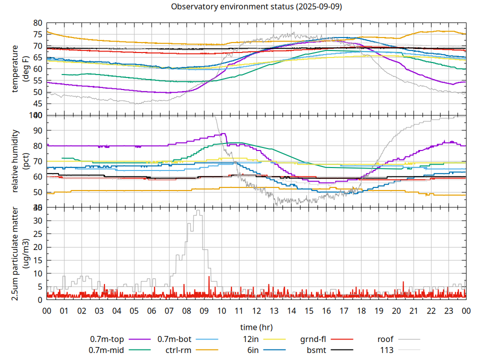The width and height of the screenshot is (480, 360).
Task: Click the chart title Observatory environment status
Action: pyautogui.click(x=256, y=7)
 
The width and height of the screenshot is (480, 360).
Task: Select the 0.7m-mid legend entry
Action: pyautogui.click(x=106, y=350)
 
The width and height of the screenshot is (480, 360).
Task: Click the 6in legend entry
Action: pyautogui.click(x=253, y=350)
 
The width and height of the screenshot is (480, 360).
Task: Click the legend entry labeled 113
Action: pyautogui.click(x=387, y=350)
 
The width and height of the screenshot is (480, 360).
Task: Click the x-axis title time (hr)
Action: pyautogui.click(x=256, y=327)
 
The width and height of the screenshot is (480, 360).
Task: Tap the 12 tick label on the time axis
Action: pyautogui.click(x=256, y=310)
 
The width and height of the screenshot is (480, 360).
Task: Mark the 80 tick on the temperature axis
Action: pyautogui.click(x=37, y=23)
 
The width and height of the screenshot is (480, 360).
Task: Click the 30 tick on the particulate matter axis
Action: pyautogui.click(x=37, y=220)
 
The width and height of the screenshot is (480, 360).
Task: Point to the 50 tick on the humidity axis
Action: pyautogui.click(x=37, y=192)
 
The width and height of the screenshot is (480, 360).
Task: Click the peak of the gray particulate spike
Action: pyautogui.click(x=198, y=210)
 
